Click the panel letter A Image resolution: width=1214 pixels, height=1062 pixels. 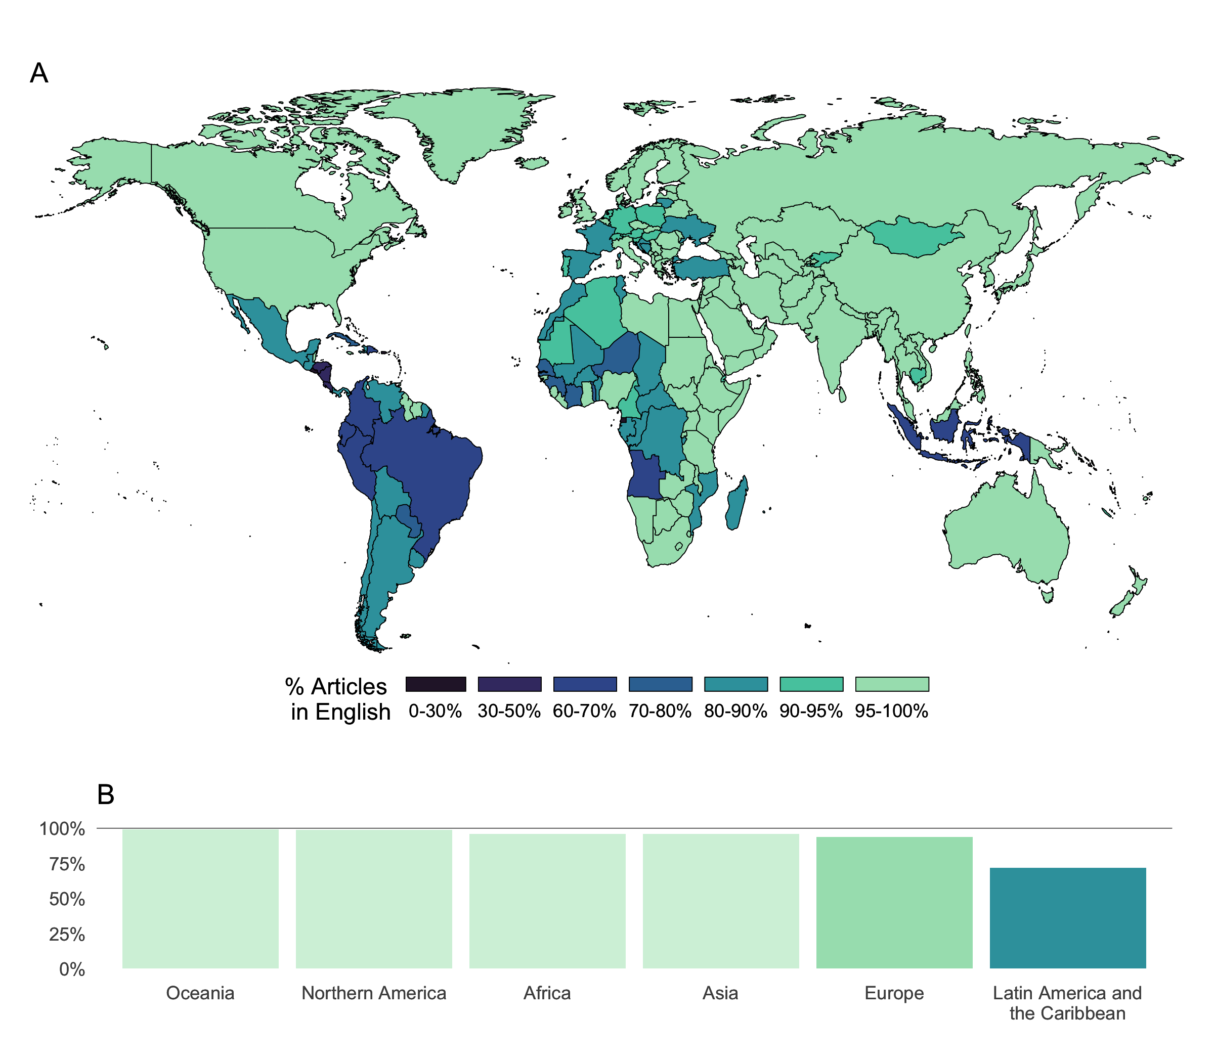click(39, 73)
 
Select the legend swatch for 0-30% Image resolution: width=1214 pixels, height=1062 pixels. click(436, 684)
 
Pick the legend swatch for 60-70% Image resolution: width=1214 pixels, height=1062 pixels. click(584, 684)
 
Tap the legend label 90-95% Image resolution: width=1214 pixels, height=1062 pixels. click(810, 711)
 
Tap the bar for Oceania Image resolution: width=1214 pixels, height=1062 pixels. click(200, 899)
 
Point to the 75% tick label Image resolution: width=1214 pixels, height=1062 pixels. click(67, 864)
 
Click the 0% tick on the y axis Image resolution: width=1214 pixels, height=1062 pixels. click(72, 969)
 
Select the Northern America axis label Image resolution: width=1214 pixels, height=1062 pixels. click(373, 993)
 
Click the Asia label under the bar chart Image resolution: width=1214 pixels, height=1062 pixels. click(720, 993)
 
